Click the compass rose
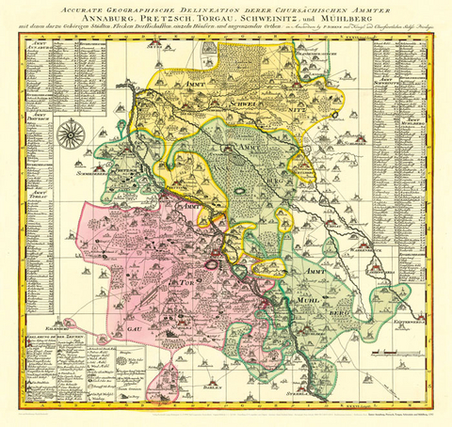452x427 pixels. pos(70,134)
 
